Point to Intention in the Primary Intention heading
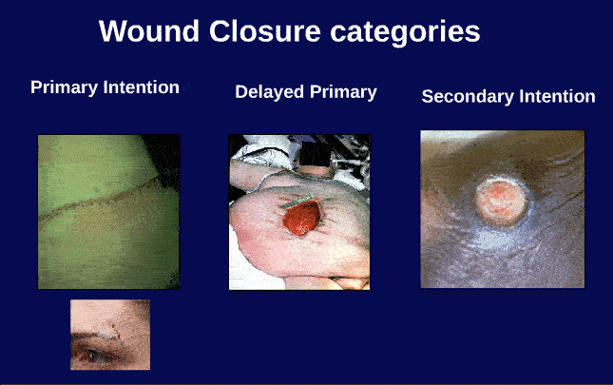tap(142, 87)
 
